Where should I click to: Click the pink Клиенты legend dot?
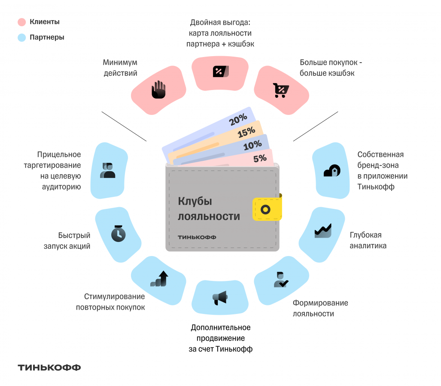[22, 22]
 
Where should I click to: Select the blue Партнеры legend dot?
[22, 38]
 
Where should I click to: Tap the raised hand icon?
[158, 90]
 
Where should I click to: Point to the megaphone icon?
[219, 297]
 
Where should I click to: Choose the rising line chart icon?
[323, 230]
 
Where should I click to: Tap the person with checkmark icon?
[281, 280]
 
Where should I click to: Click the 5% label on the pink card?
[260, 158]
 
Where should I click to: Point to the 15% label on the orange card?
[246, 133]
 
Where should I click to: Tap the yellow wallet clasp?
[267, 209]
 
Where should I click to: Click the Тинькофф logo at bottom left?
[49, 368]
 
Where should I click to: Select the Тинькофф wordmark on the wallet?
[197, 237]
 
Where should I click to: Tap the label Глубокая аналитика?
[368, 240]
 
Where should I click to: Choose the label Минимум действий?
[120, 68]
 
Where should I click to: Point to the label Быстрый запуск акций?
[74, 241]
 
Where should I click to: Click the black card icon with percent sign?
[220, 71]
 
